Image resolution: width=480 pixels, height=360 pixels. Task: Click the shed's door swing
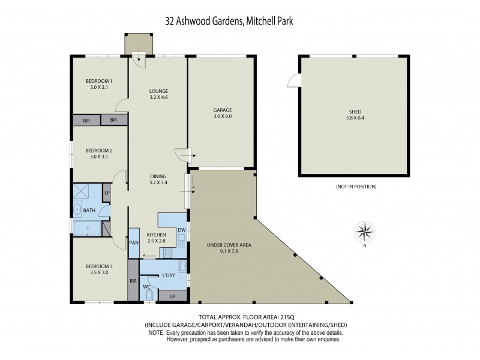(293, 80)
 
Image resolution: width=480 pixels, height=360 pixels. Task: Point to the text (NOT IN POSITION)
(356, 187)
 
